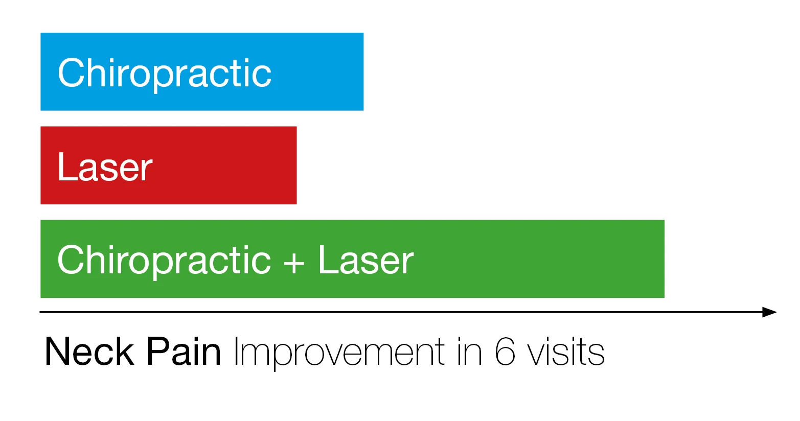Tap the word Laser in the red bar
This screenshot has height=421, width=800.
click(105, 167)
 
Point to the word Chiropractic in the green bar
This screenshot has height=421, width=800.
click(164, 261)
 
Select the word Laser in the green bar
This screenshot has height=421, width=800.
click(365, 260)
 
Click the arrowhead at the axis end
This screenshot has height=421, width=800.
click(769, 312)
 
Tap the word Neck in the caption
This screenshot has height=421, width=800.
click(89, 352)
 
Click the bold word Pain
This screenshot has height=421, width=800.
click(184, 352)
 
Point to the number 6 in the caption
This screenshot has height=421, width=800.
click(505, 352)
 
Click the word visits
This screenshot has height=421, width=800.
click(566, 352)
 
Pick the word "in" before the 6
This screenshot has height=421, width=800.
click(470, 352)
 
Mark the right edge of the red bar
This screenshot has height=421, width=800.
click(296, 165)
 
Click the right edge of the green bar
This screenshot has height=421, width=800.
click(664, 259)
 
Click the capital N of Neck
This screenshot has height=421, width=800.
click(57, 352)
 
